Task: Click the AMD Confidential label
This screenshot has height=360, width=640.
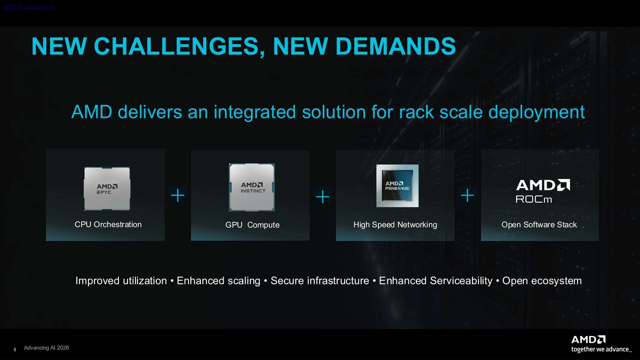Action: point(28,7)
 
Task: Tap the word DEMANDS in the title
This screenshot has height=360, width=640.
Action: point(396,46)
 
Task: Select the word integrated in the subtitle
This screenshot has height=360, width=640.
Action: point(255,113)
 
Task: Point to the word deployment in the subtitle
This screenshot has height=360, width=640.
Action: point(536,113)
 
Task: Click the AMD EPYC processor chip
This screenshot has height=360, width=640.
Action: point(107,189)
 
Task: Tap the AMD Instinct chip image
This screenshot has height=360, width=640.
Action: point(252,187)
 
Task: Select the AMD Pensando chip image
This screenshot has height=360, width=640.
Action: point(397,186)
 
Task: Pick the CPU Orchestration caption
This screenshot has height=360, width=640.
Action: point(108,224)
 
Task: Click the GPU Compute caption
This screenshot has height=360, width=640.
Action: point(252,225)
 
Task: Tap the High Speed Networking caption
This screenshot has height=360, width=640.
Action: point(395,225)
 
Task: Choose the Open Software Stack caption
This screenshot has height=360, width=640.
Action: point(539,225)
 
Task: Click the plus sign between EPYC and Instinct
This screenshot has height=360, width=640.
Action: point(178,195)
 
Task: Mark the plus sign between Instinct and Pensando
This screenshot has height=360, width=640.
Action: point(323,197)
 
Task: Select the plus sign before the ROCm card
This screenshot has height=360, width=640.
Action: point(467,195)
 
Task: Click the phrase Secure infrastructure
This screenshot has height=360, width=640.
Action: point(320,281)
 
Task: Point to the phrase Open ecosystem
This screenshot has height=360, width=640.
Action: point(542,281)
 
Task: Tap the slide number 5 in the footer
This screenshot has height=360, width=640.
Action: point(15,350)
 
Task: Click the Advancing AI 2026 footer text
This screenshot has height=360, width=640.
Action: point(46,348)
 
